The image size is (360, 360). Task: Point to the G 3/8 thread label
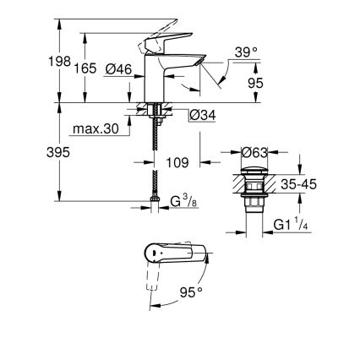click(184, 201)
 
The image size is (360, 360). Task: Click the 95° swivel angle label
click(191, 292)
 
